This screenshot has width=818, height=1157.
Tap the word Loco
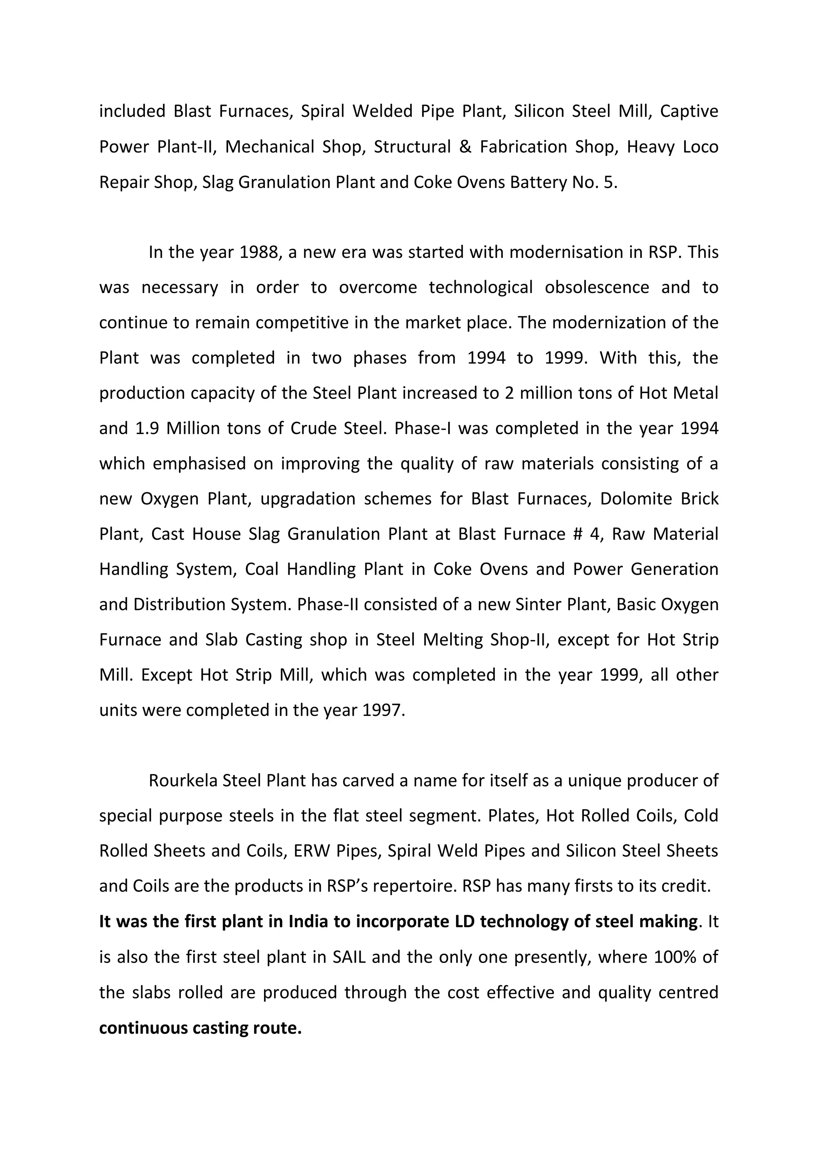pos(700,147)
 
